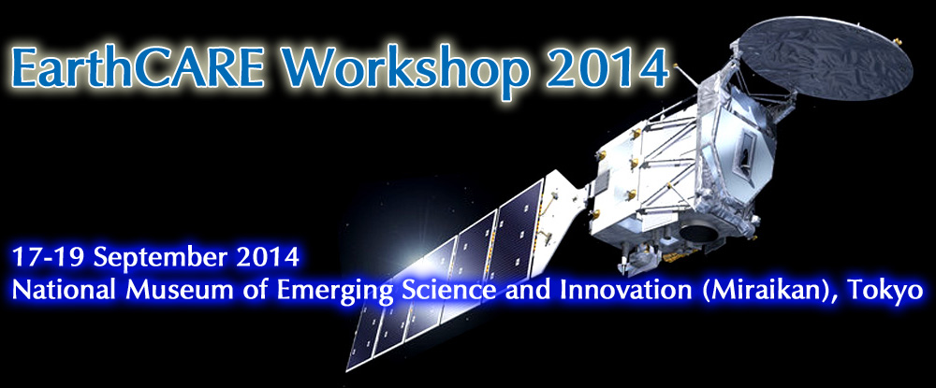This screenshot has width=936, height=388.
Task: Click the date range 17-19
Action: (49, 257)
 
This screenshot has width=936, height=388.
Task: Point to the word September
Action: (161, 259)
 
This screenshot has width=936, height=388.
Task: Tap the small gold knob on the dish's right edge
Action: (897, 42)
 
